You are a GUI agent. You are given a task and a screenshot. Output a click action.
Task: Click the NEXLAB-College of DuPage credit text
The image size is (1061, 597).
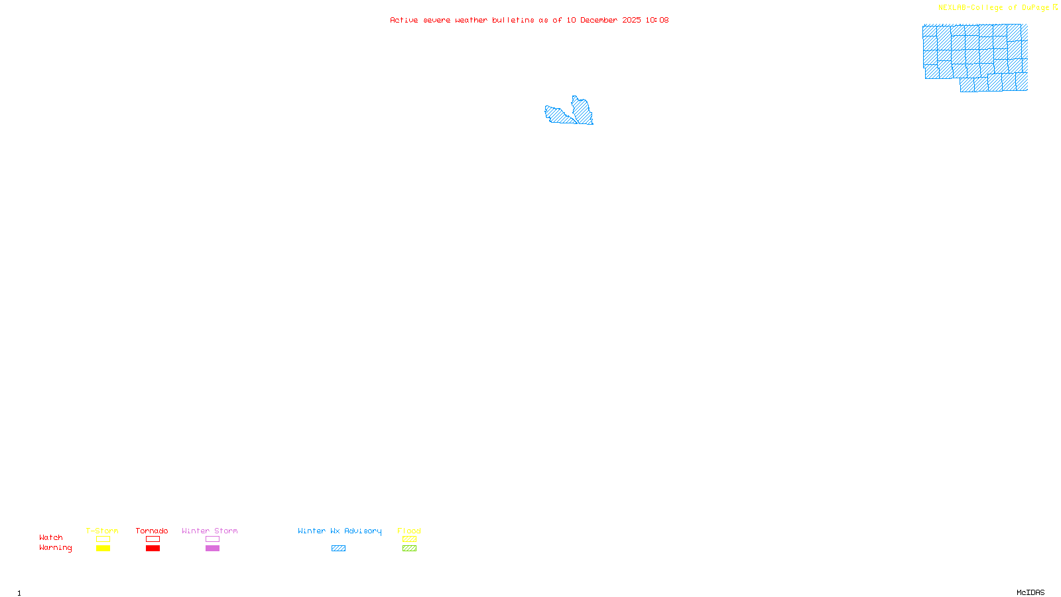click(993, 8)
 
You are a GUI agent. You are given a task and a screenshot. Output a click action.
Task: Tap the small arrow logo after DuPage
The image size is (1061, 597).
click(1055, 7)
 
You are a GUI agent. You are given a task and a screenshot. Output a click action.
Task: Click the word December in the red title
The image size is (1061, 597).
click(599, 20)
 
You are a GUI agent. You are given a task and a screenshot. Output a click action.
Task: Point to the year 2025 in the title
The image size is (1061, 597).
click(631, 20)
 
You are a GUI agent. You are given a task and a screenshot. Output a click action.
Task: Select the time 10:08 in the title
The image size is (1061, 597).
click(657, 20)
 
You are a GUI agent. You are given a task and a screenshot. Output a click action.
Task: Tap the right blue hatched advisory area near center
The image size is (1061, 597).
click(583, 111)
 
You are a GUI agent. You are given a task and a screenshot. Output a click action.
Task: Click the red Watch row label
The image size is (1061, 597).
click(51, 538)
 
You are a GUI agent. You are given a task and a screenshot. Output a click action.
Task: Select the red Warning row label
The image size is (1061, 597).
click(55, 548)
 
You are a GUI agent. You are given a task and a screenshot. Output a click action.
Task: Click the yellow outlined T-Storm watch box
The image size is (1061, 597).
click(103, 539)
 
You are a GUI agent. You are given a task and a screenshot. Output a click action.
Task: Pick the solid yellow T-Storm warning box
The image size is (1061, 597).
click(103, 549)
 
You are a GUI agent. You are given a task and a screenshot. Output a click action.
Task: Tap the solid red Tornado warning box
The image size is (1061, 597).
click(153, 549)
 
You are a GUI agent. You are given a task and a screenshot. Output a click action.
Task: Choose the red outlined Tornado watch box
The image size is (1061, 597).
click(153, 539)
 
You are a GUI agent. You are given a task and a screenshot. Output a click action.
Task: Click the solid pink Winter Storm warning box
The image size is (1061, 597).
click(212, 549)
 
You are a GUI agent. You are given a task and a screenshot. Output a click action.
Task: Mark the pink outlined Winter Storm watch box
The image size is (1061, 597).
click(212, 539)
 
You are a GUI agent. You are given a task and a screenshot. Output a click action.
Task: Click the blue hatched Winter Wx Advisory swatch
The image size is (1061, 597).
click(338, 549)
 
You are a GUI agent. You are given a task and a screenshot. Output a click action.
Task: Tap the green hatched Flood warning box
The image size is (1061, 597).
click(409, 549)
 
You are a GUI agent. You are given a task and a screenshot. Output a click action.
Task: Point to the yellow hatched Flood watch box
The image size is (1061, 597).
click(409, 539)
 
